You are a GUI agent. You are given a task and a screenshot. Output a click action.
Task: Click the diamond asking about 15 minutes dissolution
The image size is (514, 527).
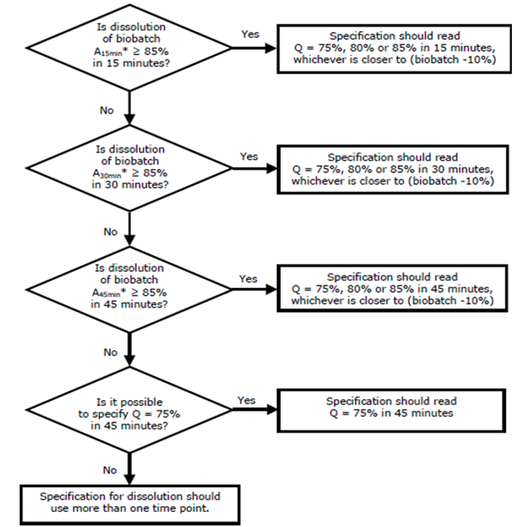pyautogui.click(x=130, y=48)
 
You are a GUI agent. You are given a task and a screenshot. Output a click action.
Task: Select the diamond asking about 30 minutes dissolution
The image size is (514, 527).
pyautogui.click(x=130, y=168)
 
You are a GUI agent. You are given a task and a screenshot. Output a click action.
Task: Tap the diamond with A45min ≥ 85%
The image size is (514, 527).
pyautogui.click(x=130, y=289)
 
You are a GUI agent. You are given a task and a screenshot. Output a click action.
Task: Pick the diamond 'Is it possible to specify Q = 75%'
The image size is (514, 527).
pyautogui.click(x=130, y=410)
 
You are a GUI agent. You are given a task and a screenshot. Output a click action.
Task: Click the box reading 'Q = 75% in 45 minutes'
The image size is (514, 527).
pyautogui.click(x=392, y=410)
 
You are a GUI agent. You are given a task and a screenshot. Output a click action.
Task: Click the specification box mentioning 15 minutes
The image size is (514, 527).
pyautogui.click(x=394, y=49)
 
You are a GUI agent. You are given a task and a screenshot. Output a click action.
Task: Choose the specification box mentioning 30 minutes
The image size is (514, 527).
pyautogui.click(x=393, y=170)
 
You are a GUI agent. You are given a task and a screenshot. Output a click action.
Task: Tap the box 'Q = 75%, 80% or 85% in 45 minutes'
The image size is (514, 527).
pyautogui.click(x=392, y=289)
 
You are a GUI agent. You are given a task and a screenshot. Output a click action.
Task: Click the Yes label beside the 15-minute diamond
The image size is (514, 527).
pyautogui.click(x=250, y=34)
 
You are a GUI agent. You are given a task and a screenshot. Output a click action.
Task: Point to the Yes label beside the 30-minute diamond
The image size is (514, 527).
pyautogui.click(x=249, y=157)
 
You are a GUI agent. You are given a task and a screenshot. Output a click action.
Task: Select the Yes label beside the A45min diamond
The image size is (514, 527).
pyautogui.click(x=248, y=279)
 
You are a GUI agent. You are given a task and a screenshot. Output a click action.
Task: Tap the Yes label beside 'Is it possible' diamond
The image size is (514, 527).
pyautogui.click(x=246, y=401)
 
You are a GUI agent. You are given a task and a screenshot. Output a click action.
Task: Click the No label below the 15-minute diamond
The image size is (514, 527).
pyautogui.click(x=106, y=111)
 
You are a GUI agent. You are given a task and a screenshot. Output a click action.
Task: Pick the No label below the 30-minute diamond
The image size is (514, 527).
pyautogui.click(x=111, y=232)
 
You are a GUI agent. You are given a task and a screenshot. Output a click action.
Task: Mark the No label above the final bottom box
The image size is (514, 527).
pyautogui.click(x=110, y=470)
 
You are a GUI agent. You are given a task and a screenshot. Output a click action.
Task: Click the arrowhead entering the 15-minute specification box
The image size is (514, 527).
pyautogui.click(x=271, y=48)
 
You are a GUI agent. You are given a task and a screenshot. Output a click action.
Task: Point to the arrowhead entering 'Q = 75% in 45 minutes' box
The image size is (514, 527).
pyautogui.click(x=271, y=410)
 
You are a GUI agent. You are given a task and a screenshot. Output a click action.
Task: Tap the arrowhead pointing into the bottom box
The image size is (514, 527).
pyautogui.click(x=130, y=479)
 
